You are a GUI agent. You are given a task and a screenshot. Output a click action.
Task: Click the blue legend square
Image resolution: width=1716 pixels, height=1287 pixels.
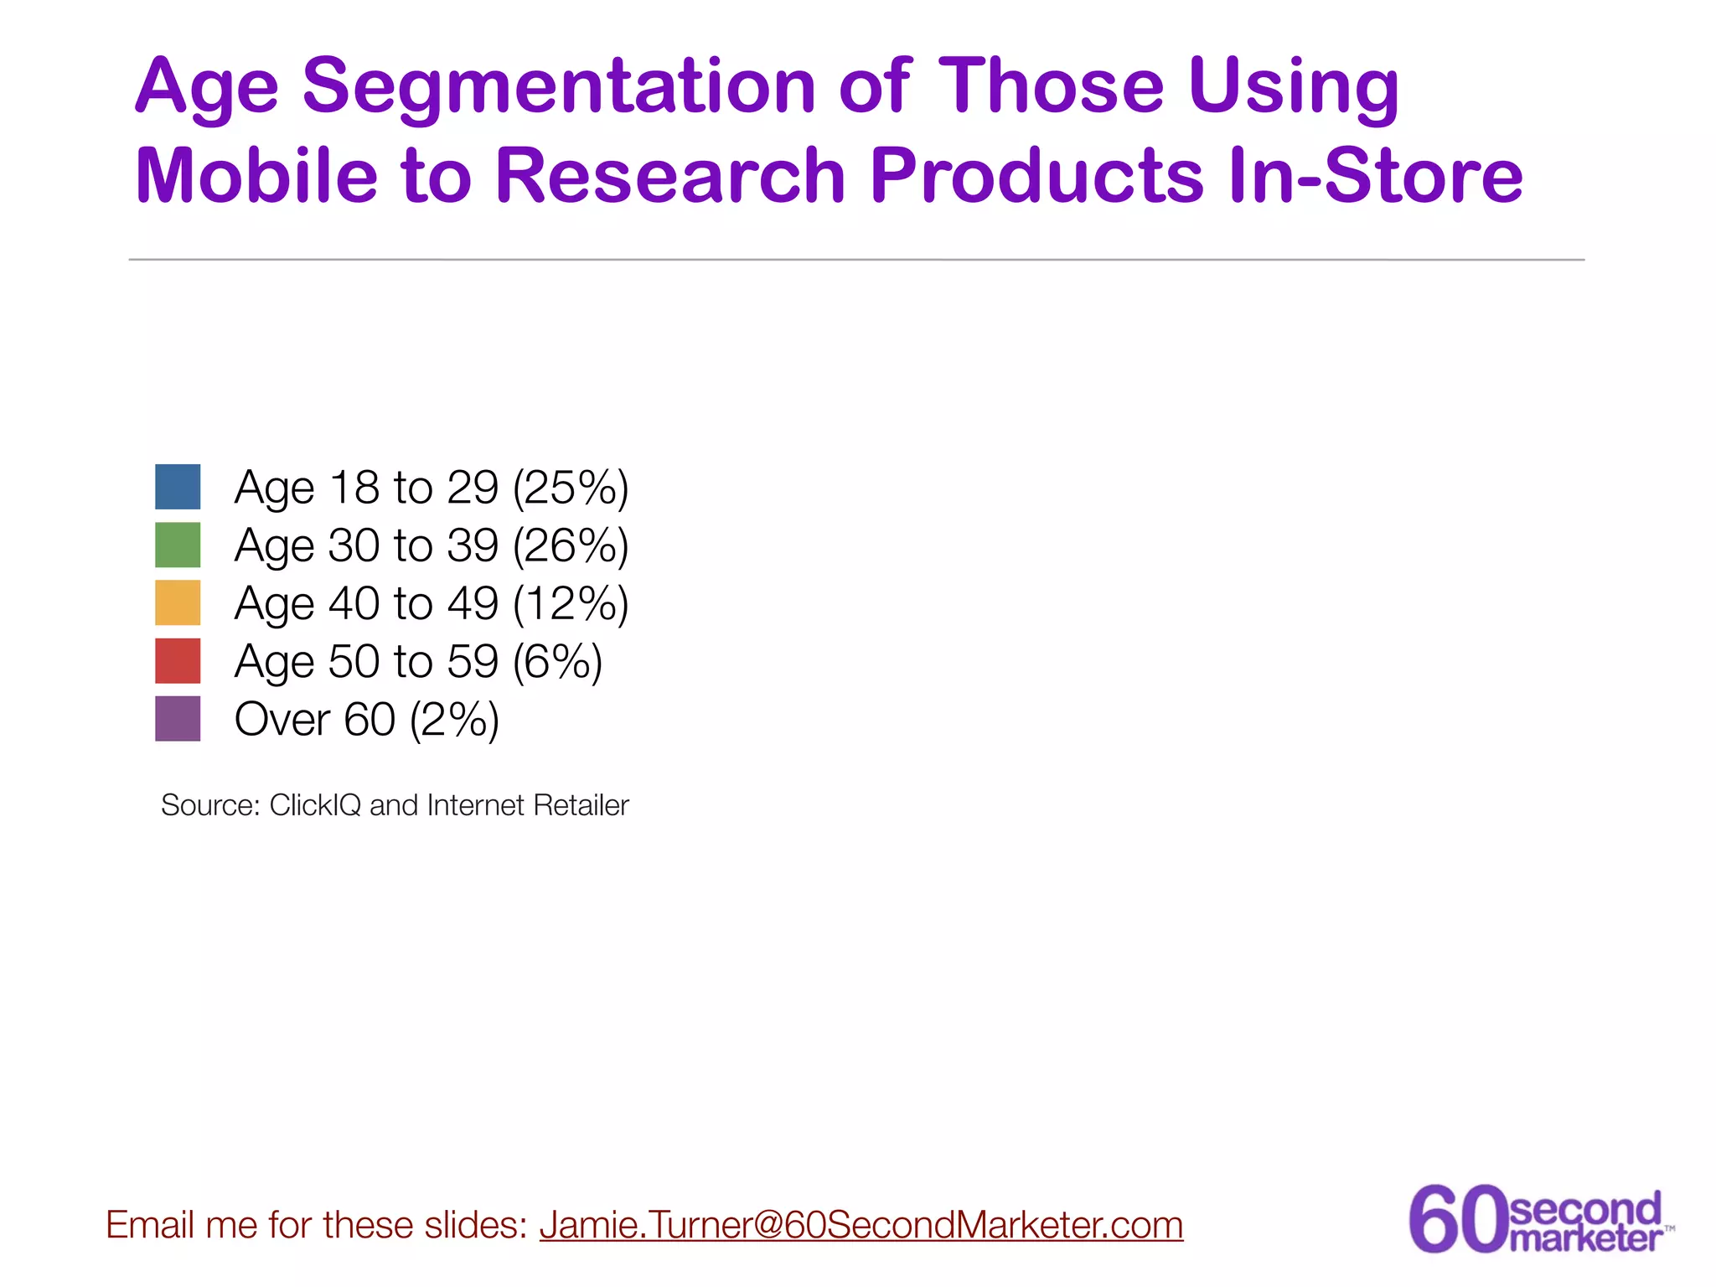[178, 487]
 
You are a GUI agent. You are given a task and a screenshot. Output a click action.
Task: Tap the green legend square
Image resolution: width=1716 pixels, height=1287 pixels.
[178, 545]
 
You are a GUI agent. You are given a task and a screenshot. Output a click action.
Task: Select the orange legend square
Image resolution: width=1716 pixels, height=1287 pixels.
[178, 602]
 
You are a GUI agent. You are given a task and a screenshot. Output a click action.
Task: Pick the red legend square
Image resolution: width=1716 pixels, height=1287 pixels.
[178, 660]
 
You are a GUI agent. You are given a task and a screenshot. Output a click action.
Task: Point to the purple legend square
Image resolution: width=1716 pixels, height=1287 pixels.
[178, 718]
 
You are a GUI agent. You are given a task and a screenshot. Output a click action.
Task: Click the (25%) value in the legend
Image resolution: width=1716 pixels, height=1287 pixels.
[570, 488]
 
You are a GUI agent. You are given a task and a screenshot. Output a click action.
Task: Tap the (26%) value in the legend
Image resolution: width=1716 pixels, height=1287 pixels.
[570, 545]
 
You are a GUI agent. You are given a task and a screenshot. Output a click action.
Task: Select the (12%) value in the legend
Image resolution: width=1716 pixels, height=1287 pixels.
[570, 603]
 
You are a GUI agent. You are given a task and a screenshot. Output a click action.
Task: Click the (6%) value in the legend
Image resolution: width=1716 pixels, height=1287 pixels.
[556, 661]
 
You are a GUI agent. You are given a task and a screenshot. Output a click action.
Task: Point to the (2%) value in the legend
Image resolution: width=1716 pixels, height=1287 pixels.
[454, 719]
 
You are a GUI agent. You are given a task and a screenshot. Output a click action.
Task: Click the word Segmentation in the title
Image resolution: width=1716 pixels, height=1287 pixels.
[559, 87]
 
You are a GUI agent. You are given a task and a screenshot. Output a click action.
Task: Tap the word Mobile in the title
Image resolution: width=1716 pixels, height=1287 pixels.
[256, 176]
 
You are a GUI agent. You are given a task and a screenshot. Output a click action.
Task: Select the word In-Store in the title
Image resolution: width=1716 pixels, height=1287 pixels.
[1375, 176]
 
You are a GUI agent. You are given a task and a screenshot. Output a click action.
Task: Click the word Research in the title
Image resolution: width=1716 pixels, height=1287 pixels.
[670, 176]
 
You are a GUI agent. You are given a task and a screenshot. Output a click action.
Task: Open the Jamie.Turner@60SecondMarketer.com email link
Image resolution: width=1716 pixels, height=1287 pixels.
[861, 1225]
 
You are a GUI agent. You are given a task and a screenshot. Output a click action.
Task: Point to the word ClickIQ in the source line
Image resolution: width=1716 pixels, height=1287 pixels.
[315, 805]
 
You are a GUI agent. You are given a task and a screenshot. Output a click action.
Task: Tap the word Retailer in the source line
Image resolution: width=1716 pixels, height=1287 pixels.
[581, 805]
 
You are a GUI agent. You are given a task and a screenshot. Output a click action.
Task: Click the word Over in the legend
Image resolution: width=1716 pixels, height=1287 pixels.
[282, 719]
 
